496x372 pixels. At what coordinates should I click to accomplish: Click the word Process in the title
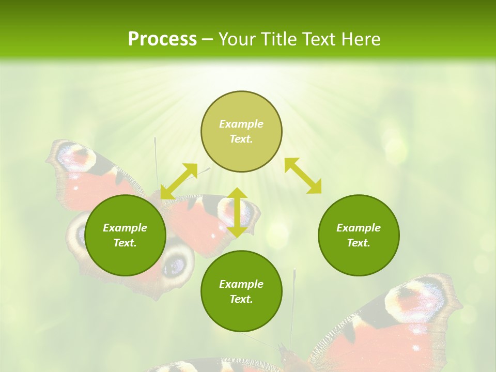pos(162,39)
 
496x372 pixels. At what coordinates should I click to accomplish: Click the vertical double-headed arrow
pos(237,212)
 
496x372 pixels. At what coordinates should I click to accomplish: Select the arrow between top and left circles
pos(179,181)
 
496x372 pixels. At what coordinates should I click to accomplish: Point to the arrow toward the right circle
pos(303,176)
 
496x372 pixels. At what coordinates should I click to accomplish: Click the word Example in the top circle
pos(241,124)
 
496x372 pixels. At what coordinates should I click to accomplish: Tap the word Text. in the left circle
pos(125,243)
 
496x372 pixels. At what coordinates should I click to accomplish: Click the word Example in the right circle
pos(359,228)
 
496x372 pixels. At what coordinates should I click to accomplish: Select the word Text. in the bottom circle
pos(241,299)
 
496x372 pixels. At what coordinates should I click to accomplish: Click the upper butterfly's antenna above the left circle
pos(156,160)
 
